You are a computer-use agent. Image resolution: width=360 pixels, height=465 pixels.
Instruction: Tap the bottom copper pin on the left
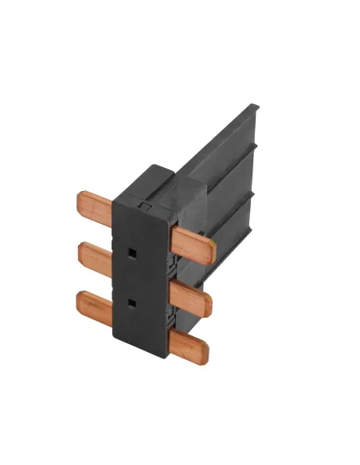click(96, 304)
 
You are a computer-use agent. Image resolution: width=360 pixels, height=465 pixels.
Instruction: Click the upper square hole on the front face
click(129, 252)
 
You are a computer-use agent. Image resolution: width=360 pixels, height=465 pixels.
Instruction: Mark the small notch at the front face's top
click(143, 206)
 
